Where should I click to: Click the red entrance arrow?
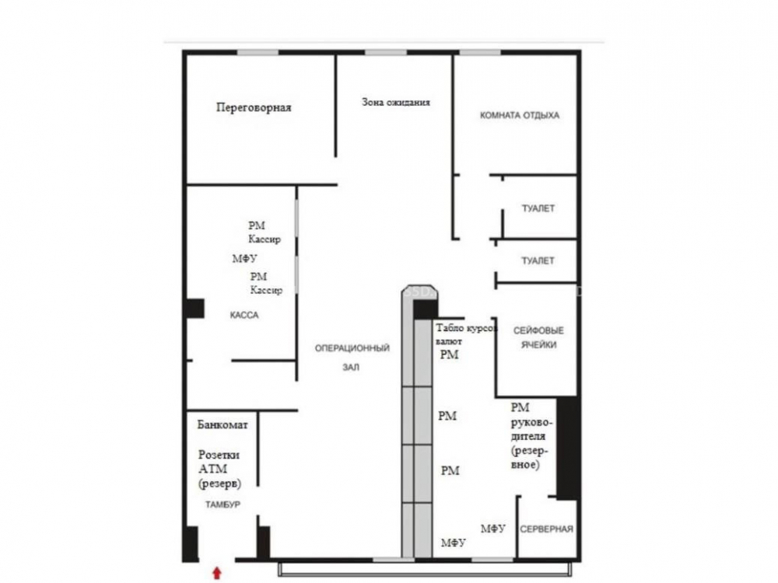click(x=217, y=573)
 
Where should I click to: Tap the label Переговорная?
click(x=254, y=107)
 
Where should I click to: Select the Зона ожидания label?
click(x=395, y=102)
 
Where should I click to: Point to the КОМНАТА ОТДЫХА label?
click(x=520, y=116)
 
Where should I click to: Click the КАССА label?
click(x=244, y=315)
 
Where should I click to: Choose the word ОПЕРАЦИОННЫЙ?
click(x=352, y=348)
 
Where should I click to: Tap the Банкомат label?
click(x=223, y=425)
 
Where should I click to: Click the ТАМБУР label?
click(x=223, y=504)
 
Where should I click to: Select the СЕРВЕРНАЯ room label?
click(x=546, y=529)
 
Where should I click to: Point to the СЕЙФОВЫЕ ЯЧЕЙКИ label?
click(x=538, y=337)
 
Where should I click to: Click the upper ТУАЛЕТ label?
click(x=538, y=208)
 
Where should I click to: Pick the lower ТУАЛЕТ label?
click(x=538, y=260)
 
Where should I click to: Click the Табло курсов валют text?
click(x=466, y=334)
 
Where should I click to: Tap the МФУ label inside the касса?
click(x=244, y=258)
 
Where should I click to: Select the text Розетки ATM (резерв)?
click(x=219, y=469)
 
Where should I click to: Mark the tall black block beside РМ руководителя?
click(x=568, y=449)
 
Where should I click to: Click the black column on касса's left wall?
click(x=195, y=309)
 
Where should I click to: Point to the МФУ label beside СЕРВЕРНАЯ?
click(x=492, y=529)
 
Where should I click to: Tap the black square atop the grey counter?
click(x=425, y=309)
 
